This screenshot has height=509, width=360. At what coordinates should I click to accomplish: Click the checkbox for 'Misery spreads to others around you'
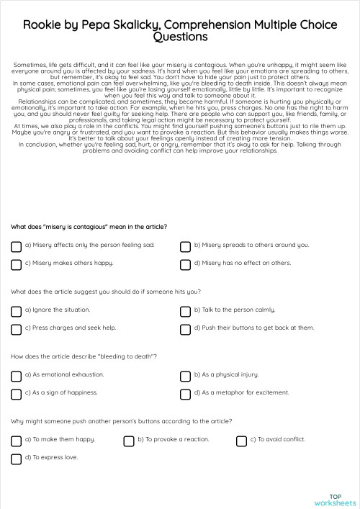[x=185, y=246]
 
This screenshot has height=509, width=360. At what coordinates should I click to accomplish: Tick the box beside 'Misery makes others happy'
[x=16, y=264]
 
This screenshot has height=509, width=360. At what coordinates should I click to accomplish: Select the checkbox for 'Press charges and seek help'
[x=16, y=329]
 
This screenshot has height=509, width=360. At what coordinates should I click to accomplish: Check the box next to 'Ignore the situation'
[x=16, y=311]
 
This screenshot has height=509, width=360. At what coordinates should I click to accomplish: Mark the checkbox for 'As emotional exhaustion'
[x=16, y=376]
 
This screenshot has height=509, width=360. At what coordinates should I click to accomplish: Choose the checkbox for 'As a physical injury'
[x=185, y=376]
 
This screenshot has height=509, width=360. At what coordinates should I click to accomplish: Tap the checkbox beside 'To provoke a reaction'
[x=129, y=441]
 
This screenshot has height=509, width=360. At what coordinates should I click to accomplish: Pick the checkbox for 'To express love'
[x=16, y=459]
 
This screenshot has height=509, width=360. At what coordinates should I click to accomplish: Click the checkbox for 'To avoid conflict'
[x=241, y=441]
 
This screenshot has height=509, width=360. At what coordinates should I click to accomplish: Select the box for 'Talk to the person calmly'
[x=185, y=311]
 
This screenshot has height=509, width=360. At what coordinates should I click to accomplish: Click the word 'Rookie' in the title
[x=44, y=24]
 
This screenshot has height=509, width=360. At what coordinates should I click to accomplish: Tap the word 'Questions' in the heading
[x=180, y=37]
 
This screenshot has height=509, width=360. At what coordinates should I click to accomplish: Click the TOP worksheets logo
[x=335, y=499]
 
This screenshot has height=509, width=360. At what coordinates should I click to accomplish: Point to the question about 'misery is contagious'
[x=89, y=227]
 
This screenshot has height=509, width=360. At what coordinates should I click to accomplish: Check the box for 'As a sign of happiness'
[x=16, y=394]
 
